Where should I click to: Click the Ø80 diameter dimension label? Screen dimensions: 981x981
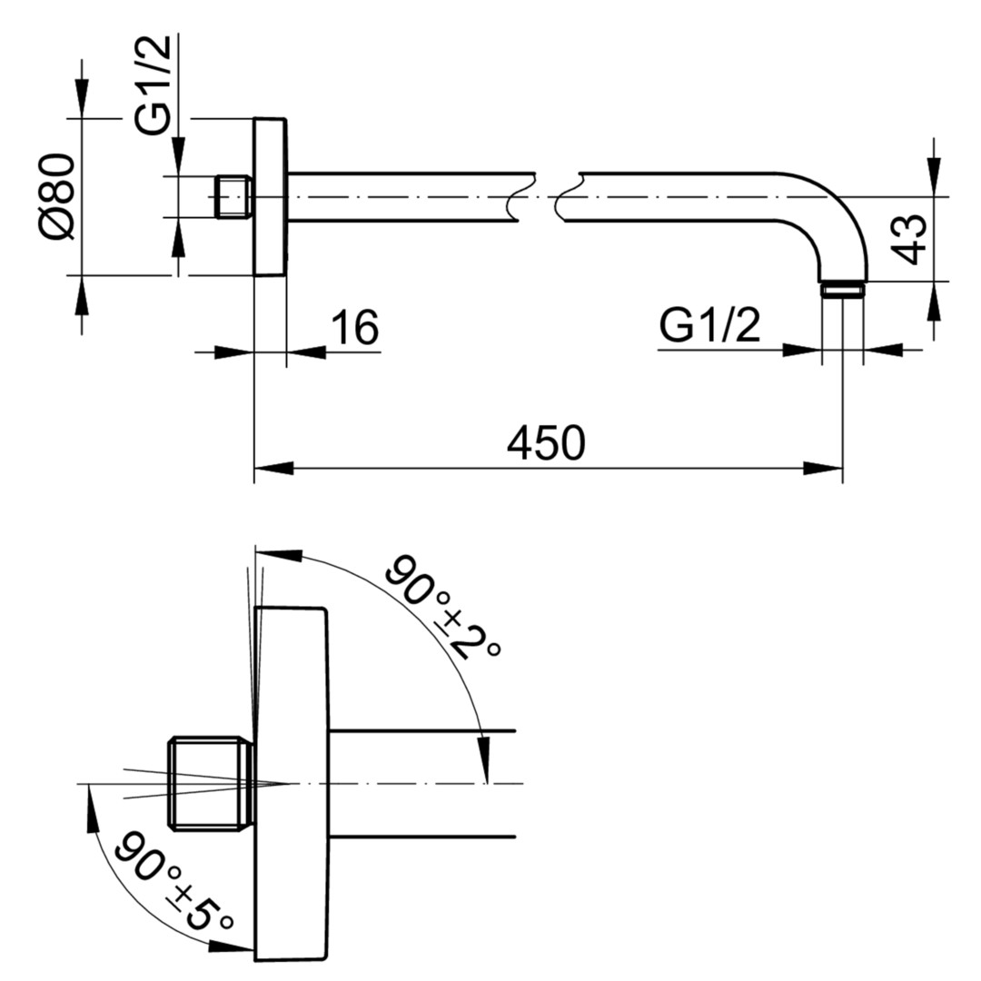tap(57, 196)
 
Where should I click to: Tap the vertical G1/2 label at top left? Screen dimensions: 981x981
tap(152, 84)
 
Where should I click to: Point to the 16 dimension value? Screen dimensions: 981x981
tap(354, 327)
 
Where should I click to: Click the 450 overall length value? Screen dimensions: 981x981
tap(546, 443)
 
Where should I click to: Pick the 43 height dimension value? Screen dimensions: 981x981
tap(908, 239)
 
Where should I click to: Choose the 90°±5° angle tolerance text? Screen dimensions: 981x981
tap(173, 881)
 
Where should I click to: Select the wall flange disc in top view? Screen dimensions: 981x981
tap(270, 196)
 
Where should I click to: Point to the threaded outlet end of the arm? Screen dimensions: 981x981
tap(843, 291)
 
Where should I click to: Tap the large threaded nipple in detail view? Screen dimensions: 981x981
tap(211, 783)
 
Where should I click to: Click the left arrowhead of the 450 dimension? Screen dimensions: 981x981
tap(273, 468)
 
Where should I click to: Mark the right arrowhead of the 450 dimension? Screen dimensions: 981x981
tap(823, 468)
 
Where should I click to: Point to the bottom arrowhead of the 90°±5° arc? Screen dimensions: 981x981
tap(232, 946)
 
